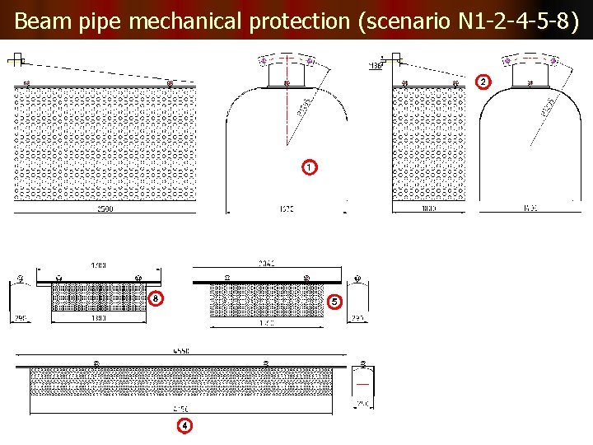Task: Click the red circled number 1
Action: tap(308, 167)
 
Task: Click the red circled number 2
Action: tap(483, 82)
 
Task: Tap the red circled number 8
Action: tap(156, 297)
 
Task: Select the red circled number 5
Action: tap(334, 302)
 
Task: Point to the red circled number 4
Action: tap(185, 425)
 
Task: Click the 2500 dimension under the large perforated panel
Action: tap(105, 208)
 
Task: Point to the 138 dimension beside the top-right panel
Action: tap(376, 65)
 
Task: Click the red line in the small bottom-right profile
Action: tap(362, 384)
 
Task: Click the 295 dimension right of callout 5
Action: tap(357, 318)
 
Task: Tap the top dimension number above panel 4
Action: tap(182, 351)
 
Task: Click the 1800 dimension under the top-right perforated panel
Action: tap(428, 208)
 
